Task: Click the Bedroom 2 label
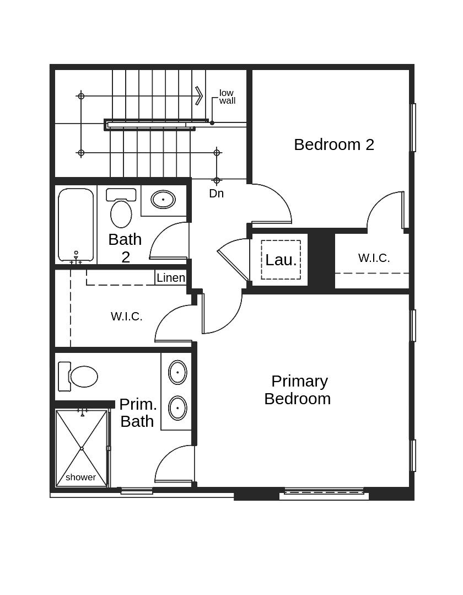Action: point(334,144)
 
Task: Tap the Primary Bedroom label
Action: point(298,390)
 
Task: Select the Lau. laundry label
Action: point(281,260)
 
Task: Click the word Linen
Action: point(171,278)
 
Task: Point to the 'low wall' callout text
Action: point(227,97)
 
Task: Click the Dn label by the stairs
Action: point(216,194)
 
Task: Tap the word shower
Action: point(80,478)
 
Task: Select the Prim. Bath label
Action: point(138,412)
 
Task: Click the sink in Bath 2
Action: point(163,200)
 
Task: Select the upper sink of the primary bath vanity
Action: point(177,372)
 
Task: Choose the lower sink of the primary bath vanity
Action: point(177,408)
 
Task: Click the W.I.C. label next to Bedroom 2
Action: point(374,258)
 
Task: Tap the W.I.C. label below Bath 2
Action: point(127,317)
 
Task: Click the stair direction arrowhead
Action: point(199,96)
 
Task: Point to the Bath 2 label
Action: point(125,248)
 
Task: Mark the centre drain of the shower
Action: point(82,448)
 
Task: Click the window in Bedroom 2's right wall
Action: point(413,127)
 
